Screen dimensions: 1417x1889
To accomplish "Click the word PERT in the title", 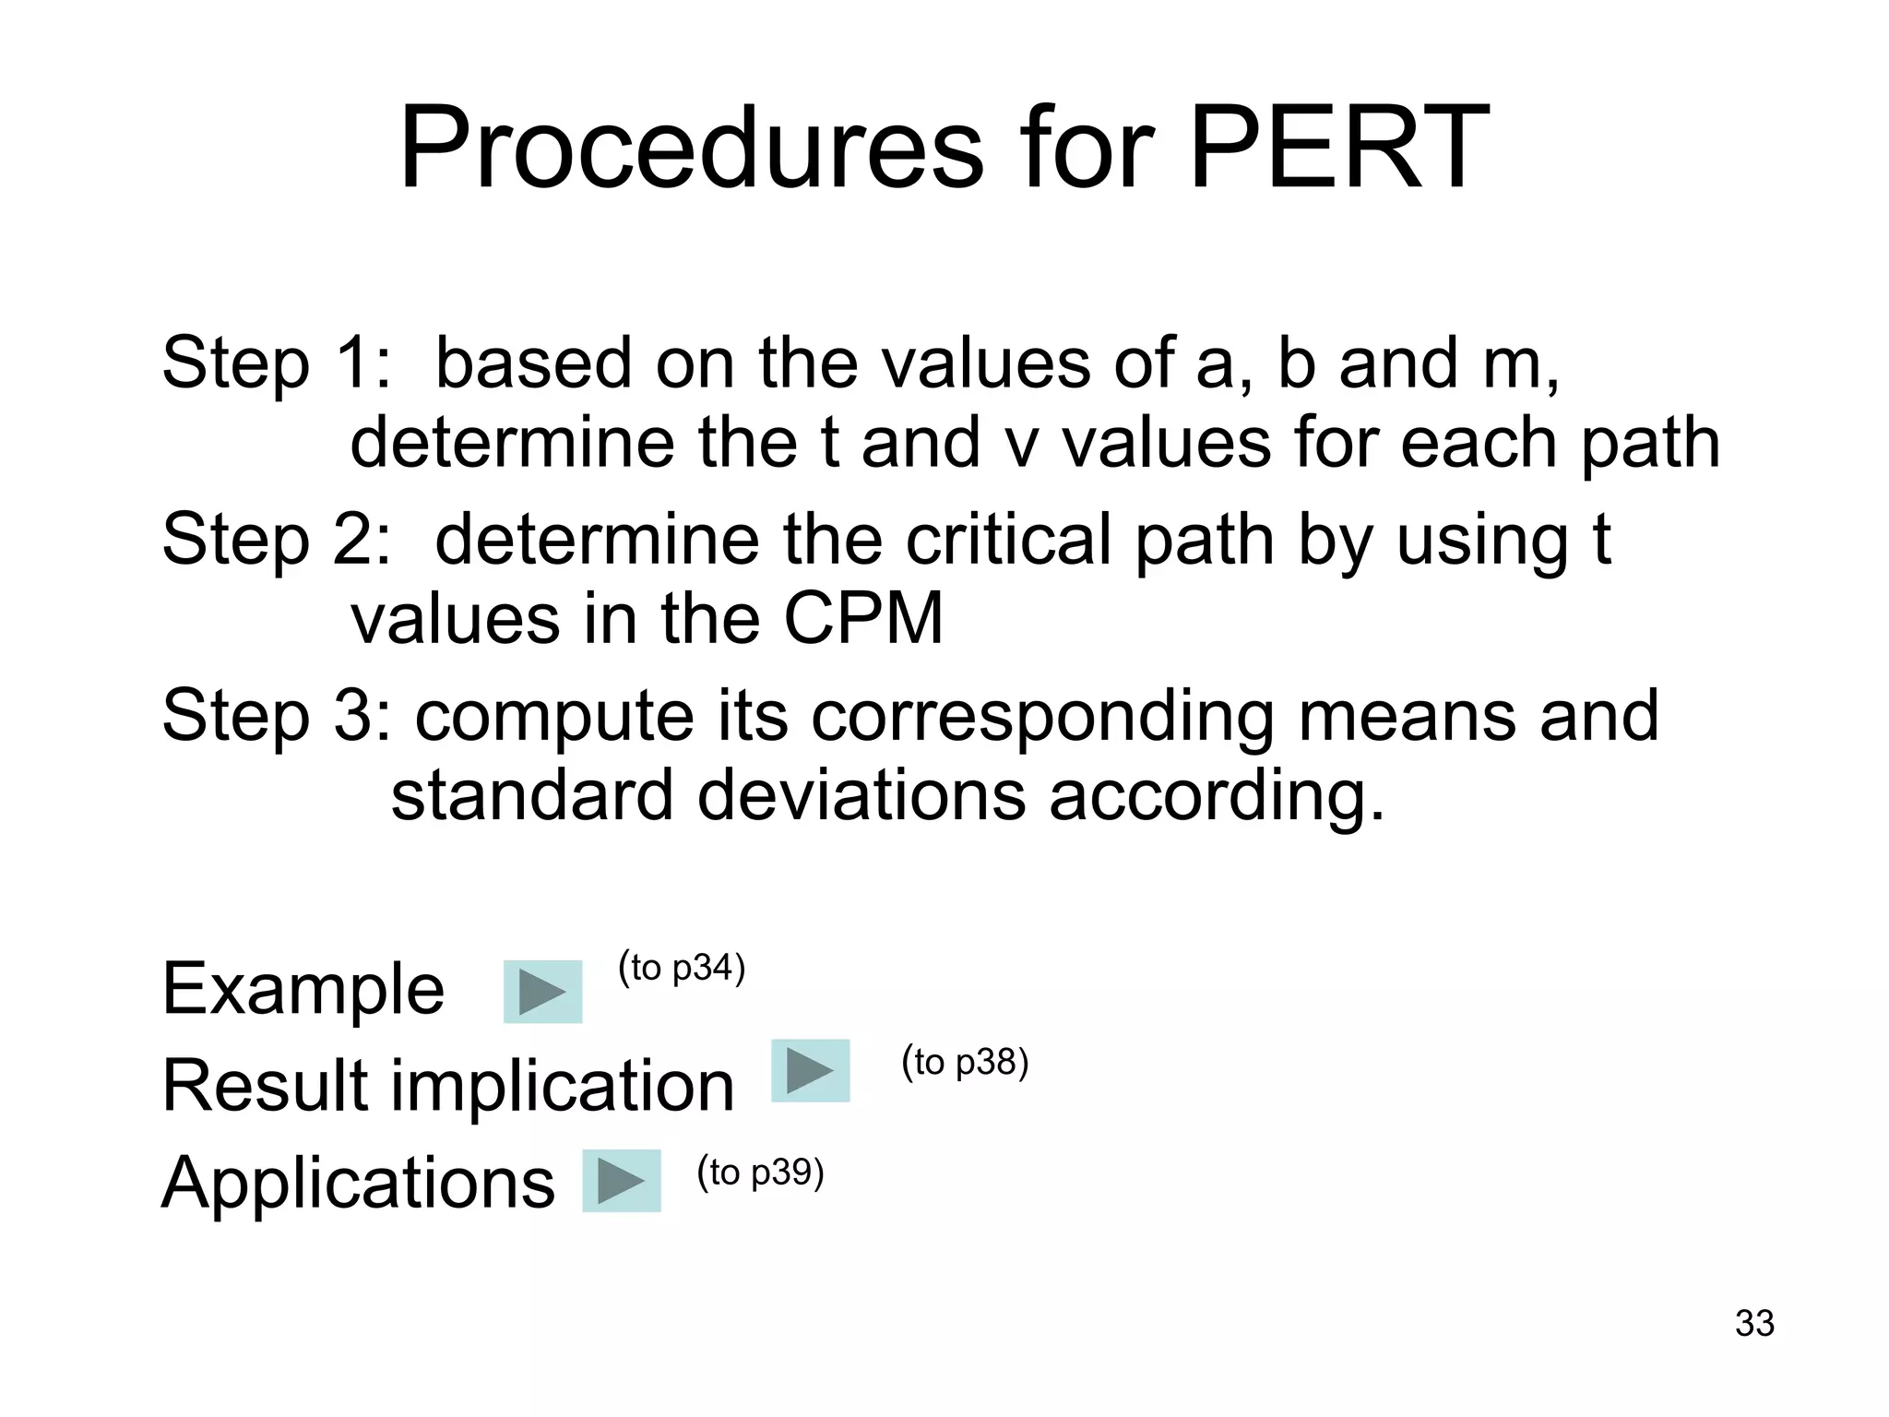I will pos(1339,148).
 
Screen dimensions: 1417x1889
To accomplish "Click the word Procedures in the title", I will pos(692,148).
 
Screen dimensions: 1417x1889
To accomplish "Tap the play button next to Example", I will pos(542,992).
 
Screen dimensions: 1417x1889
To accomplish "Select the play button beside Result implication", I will pos(810,1070).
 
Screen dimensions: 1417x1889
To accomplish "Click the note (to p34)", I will pos(682,968).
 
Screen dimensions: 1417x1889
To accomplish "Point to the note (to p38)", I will pos(965,1062).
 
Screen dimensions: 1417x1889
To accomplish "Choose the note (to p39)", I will pos(760,1172).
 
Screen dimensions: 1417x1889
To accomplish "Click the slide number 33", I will pos(1753,1323).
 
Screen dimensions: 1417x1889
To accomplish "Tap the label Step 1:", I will pos(277,363).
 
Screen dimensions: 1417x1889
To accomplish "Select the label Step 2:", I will pos(277,540).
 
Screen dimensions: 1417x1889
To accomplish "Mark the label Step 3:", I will pos(277,716).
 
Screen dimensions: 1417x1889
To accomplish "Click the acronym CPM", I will pos(863,618).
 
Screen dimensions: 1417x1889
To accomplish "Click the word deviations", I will pos(861,795).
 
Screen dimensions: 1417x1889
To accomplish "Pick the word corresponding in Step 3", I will pos(1042,718).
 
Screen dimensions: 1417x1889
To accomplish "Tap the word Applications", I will pos(358,1183).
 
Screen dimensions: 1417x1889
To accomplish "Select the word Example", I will pos(303,989).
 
